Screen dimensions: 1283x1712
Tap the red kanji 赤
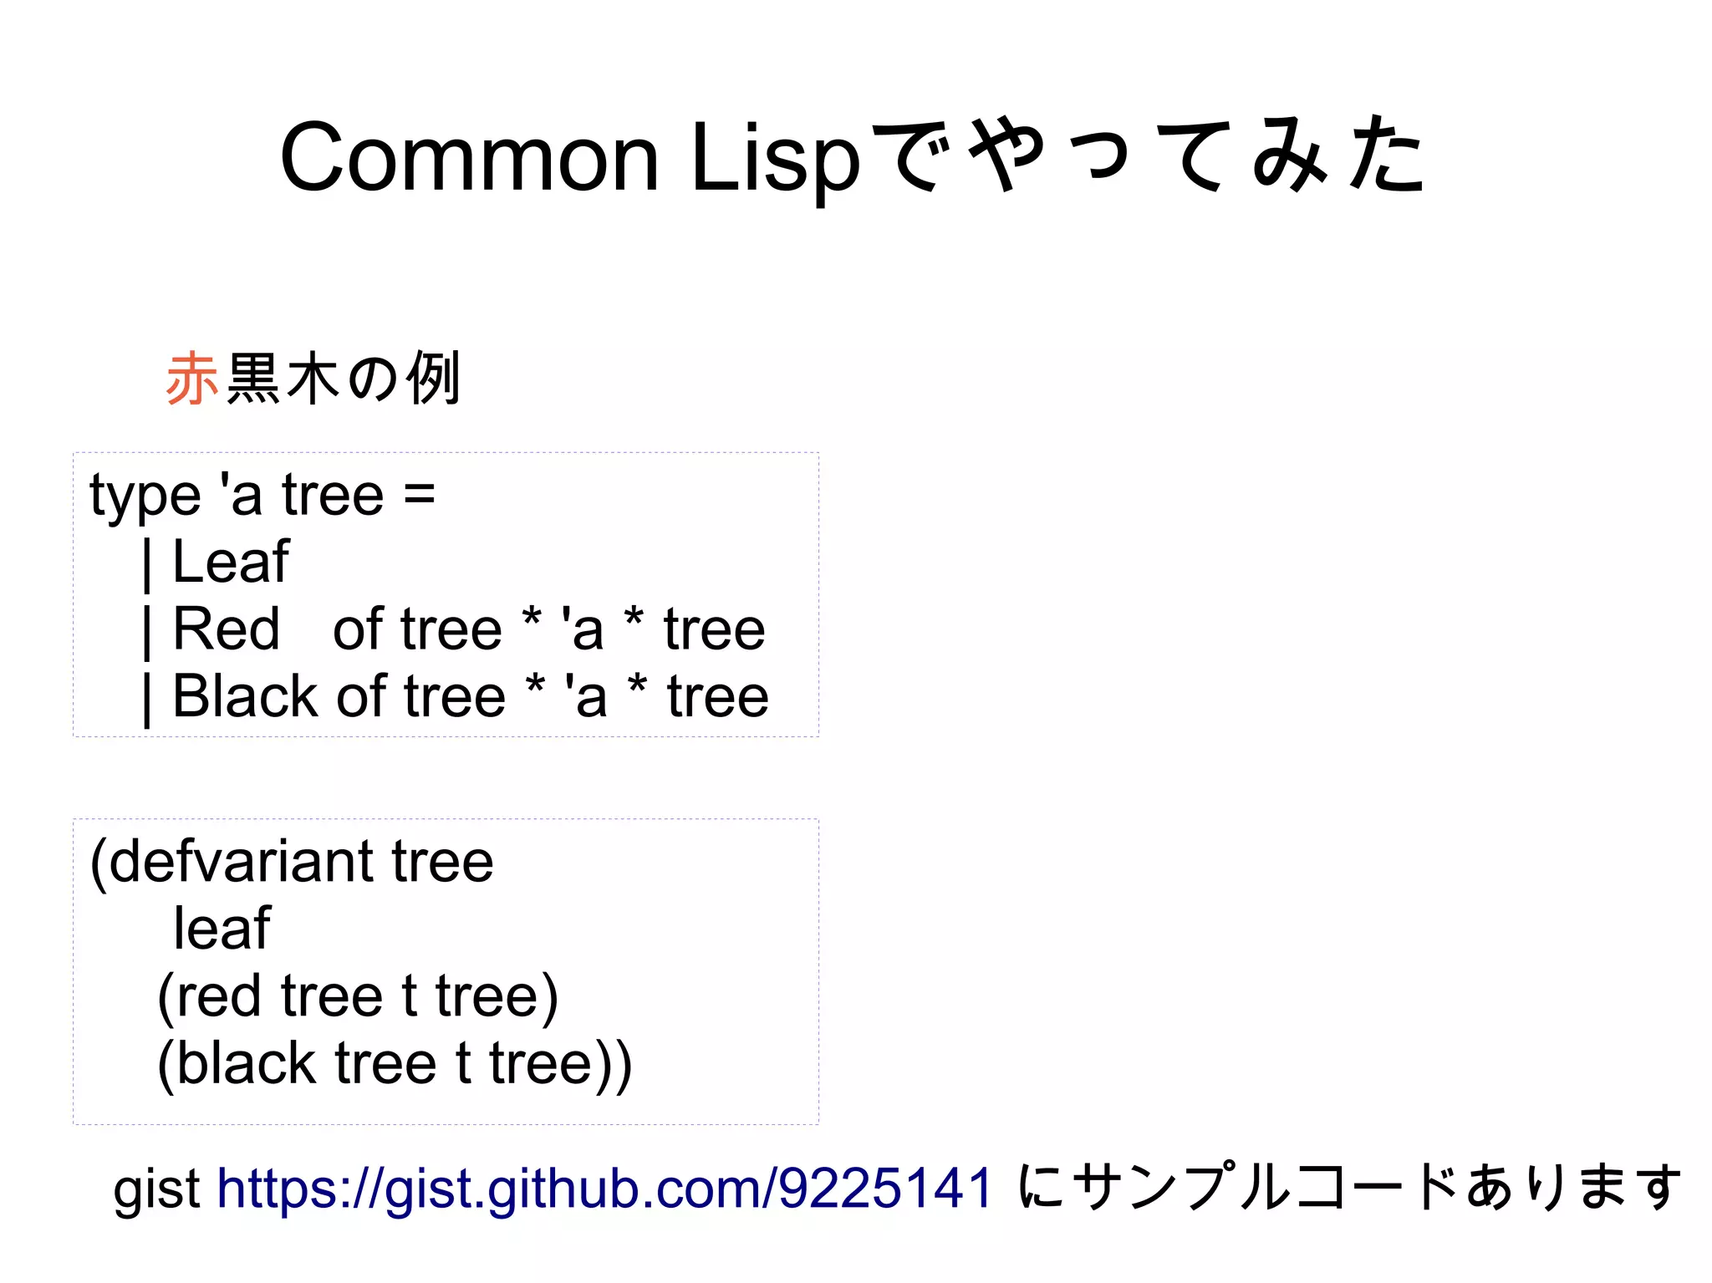click(192, 379)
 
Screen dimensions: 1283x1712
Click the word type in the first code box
click(145, 496)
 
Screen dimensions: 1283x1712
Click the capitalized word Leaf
click(231, 562)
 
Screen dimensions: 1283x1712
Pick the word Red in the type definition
click(226, 629)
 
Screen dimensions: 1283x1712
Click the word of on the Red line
click(359, 629)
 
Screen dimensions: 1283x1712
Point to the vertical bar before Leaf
click(147, 564)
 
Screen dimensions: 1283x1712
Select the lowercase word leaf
click(222, 929)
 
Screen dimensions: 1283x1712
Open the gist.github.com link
click(604, 1188)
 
